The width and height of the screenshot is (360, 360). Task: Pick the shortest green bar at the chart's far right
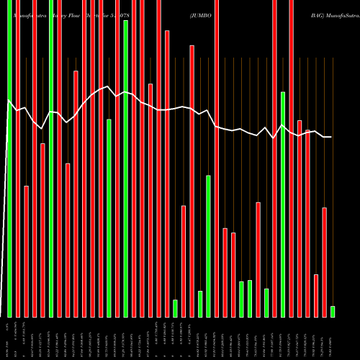coord(333,311)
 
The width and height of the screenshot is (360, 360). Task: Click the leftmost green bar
coord(9,158)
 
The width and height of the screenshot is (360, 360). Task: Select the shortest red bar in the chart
coord(316,295)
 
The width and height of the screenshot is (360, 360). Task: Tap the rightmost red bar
coord(324,262)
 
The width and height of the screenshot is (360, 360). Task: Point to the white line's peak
coord(107,87)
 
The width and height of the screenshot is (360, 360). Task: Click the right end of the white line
coord(331,137)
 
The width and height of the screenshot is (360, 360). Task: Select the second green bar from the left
coord(51,158)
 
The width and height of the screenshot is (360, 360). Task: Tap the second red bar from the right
coord(316,295)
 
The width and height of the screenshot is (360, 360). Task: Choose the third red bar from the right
coord(307,223)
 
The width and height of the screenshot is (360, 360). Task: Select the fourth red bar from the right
coord(300,158)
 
